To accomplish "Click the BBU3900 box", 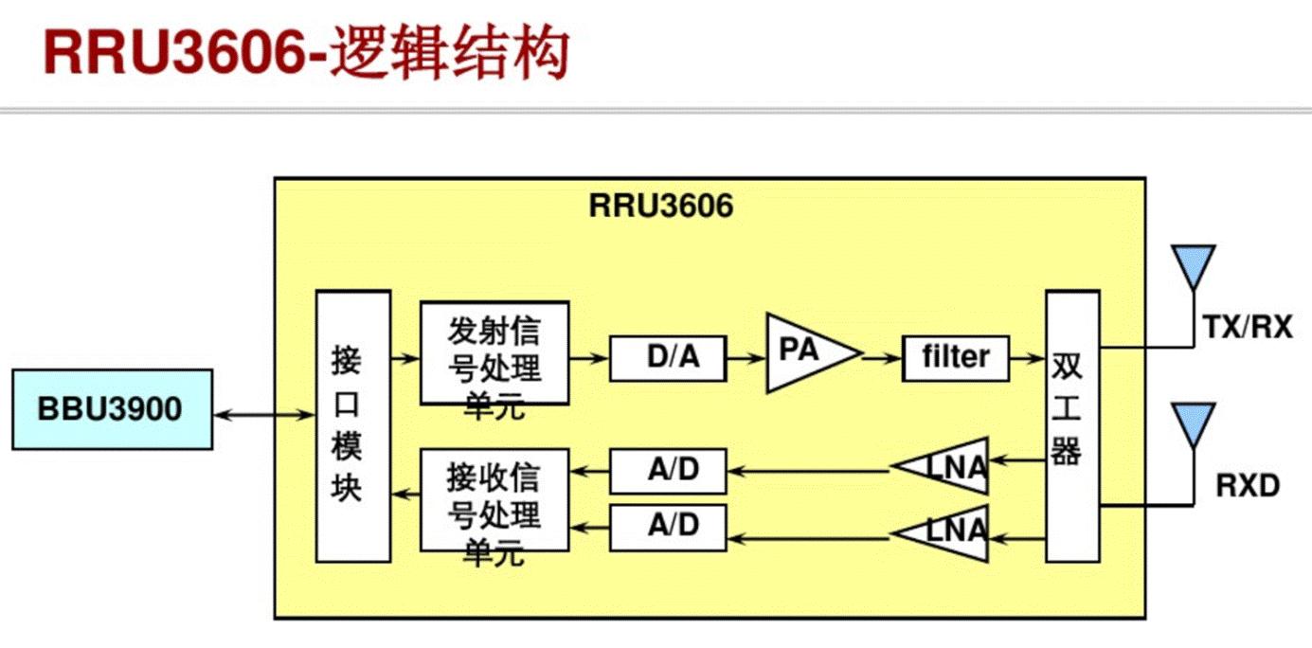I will tap(112, 410).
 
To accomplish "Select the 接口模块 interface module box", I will tap(352, 425).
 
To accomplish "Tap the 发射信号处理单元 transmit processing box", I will tap(494, 353).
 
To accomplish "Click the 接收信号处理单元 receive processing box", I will tap(494, 499).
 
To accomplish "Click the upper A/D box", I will tap(668, 471).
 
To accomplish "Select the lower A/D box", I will tap(668, 527).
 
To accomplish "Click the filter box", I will tap(955, 358).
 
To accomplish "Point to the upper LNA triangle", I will tap(952, 466).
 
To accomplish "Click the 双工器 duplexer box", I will tap(1072, 426).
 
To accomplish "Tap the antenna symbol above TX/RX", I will tap(1193, 267).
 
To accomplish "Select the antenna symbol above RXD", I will tap(1193, 423).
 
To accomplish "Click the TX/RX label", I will tap(1247, 328).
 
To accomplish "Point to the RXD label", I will tap(1248, 486).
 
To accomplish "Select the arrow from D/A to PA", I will tap(746, 358).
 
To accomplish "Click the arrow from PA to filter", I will tap(881, 357).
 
